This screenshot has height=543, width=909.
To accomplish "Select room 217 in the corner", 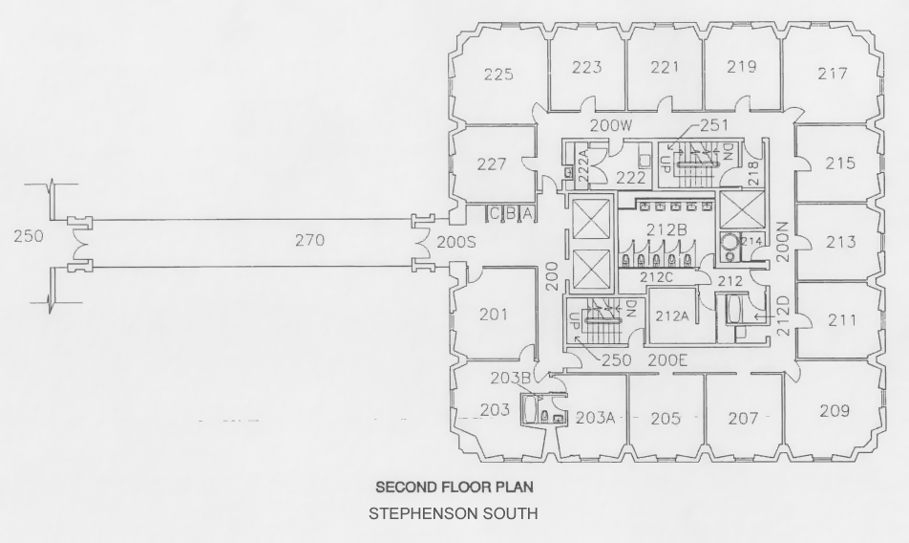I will click(833, 74).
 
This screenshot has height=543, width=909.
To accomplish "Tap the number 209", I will click(834, 411).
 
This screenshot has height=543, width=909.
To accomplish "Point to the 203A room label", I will click(596, 418).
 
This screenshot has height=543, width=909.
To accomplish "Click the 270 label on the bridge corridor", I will click(308, 241).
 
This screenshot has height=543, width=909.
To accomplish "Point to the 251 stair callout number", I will click(713, 124).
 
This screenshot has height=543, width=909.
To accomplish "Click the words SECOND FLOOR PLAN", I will click(439, 488).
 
